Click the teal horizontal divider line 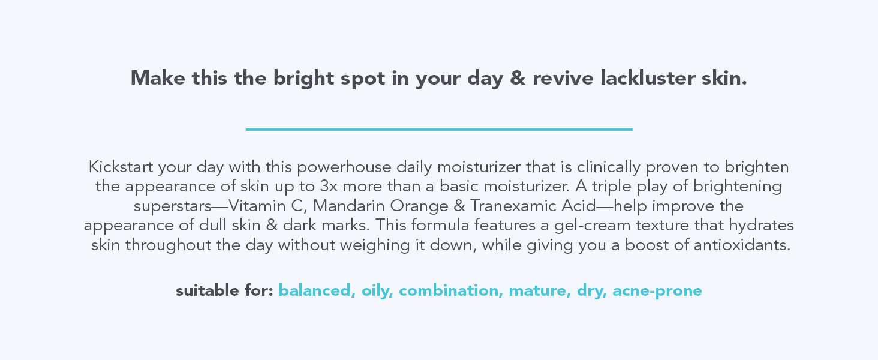tap(439, 129)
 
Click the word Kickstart tap(119, 166)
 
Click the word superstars tap(172, 206)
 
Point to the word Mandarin tap(348, 206)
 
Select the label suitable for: tap(224, 291)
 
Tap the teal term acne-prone tap(657, 291)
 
